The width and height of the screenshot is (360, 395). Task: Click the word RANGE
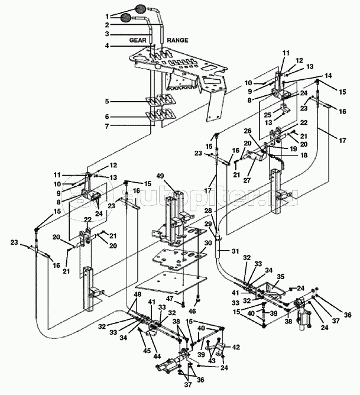pos(177,40)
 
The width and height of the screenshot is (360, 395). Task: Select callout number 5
pos(108,101)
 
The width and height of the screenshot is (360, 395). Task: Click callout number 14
pos(329,76)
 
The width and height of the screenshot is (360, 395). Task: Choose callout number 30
pos(207,244)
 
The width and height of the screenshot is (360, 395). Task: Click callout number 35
pos(281,276)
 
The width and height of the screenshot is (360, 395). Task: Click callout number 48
pos(137,294)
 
